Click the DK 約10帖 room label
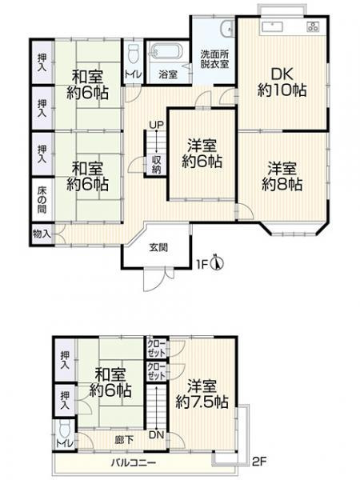282,82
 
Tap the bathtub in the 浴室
166,53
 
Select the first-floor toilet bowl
133,54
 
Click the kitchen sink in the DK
272,27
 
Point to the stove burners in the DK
313,26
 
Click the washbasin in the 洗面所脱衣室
227,29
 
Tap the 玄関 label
158,247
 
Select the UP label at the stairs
157,125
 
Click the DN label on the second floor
157,434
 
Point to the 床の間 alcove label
42,200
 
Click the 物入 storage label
42,234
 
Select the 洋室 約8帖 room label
282,177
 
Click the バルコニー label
134,462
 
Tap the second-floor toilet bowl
65,429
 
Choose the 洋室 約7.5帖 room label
202,394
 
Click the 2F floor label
259,462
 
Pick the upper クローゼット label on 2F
157,348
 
